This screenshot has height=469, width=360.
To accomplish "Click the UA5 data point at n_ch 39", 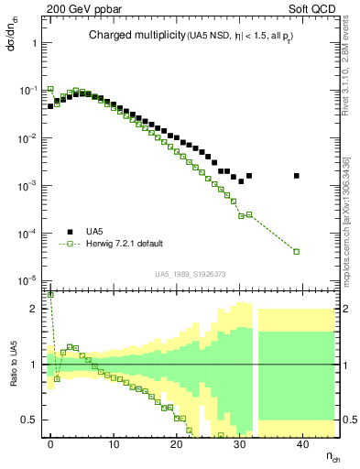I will click(296, 176).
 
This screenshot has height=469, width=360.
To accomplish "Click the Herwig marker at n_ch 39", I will click(296, 251).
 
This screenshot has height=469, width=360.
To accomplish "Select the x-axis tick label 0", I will click(50, 443).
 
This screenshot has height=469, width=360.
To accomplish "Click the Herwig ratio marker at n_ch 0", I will click(50, 295).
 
